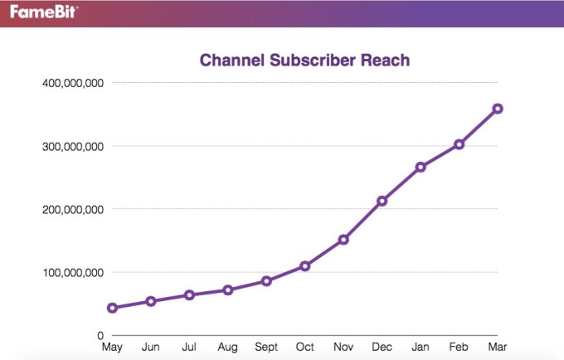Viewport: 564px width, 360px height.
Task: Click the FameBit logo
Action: (x=39, y=12)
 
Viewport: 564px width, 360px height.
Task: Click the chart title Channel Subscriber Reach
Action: (x=304, y=61)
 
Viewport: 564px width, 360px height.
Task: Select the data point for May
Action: (x=112, y=308)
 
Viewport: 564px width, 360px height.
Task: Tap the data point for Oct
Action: (x=305, y=266)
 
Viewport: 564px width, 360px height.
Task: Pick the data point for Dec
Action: (x=382, y=201)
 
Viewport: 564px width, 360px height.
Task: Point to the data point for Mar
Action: (x=498, y=109)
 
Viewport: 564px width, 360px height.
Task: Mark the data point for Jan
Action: (x=421, y=167)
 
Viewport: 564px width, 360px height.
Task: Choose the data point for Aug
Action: (x=228, y=290)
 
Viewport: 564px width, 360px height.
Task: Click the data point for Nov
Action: (x=343, y=240)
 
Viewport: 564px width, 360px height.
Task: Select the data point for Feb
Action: (x=459, y=144)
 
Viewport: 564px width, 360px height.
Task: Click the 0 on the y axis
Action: (x=99, y=335)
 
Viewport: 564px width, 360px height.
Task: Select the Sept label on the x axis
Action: (x=266, y=348)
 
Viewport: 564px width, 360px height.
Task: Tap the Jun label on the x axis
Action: (x=151, y=348)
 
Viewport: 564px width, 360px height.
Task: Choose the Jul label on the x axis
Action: (x=189, y=348)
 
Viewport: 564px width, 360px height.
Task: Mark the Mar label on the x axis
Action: (x=498, y=348)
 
